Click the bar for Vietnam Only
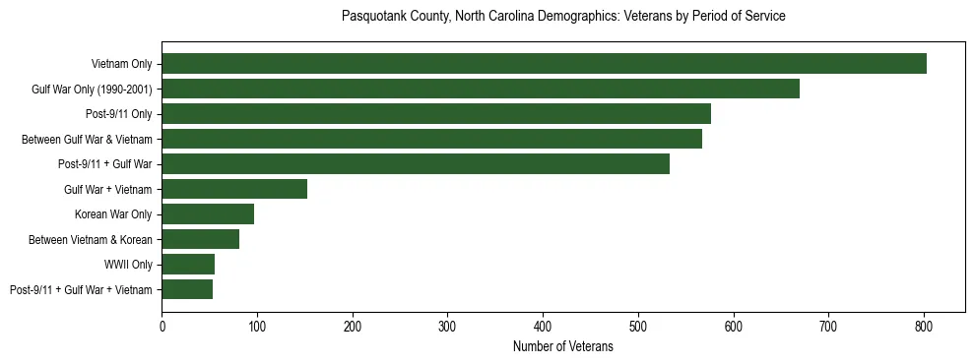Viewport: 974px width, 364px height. (x=544, y=64)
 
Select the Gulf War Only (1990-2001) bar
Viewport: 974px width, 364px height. (x=481, y=90)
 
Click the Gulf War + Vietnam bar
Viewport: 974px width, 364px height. (x=234, y=189)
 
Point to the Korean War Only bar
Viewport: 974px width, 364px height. (x=208, y=214)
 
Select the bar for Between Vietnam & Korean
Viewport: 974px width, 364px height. (x=200, y=239)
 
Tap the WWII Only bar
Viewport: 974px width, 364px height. (x=188, y=265)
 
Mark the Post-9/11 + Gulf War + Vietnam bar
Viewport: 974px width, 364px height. (x=187, y=289)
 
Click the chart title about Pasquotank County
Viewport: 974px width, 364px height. (x=562, y=17)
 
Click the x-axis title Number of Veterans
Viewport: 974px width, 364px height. (x=562, y=346)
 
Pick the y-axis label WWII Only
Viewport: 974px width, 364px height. (x=128, y=265)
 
